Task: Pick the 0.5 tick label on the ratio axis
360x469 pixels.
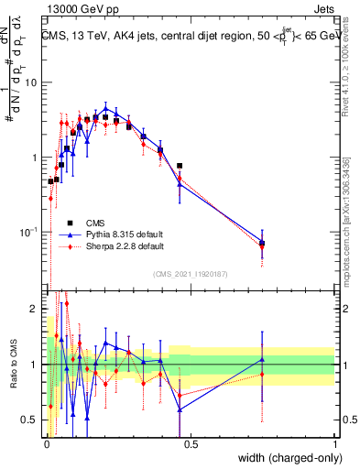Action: tap(30, 420)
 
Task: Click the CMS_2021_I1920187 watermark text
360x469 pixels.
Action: tap(191, 273)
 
